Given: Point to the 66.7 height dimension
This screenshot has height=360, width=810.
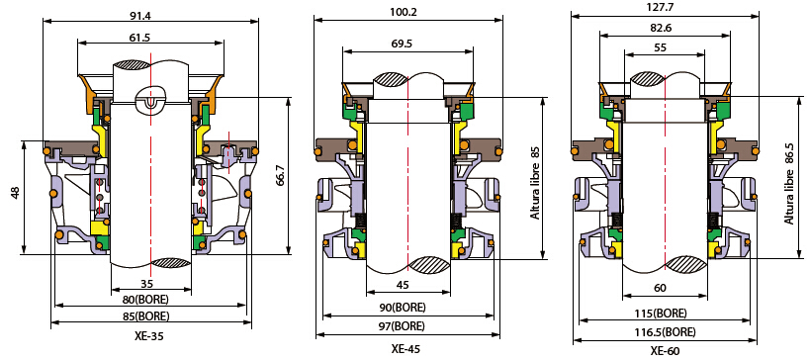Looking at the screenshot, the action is [x=281, y=176].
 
